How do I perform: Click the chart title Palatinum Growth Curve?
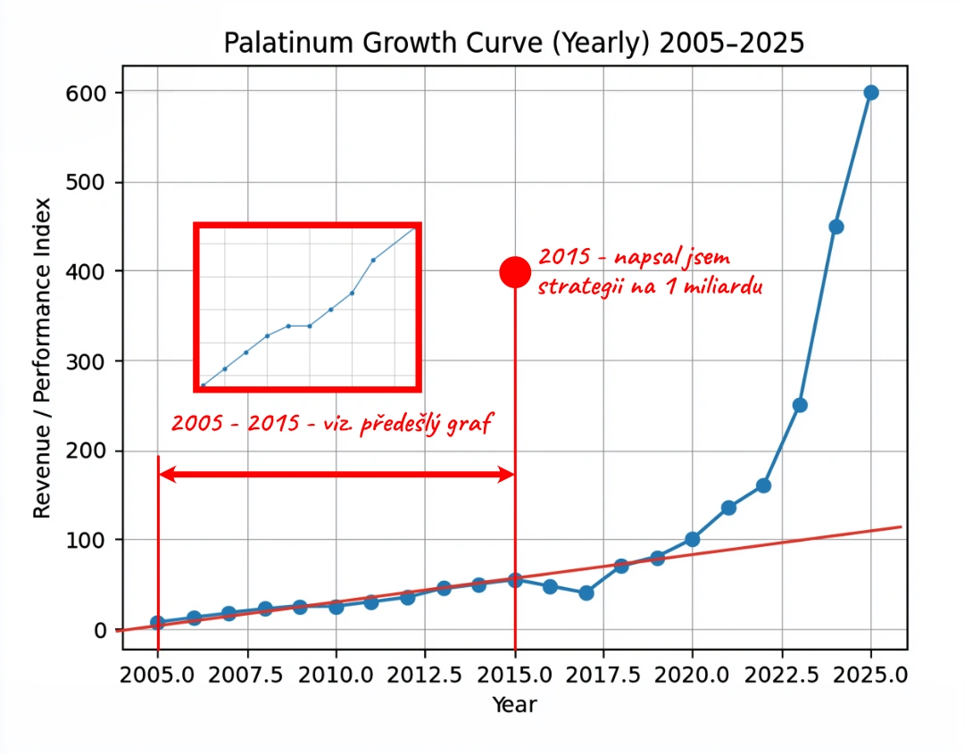click(513, 43)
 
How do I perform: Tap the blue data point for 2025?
click(871, 93)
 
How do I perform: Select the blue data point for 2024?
click(836, 227)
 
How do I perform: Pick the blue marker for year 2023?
click(800, 405)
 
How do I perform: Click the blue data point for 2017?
click(586, 592)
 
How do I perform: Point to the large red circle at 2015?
click(515, 271)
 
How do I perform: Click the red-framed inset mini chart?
click(308, 308)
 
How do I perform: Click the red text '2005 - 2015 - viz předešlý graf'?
click(332, 424)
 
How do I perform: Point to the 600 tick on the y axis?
click(85, 93)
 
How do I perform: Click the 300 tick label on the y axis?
click(85, 361)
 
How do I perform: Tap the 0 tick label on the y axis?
click(100, 630)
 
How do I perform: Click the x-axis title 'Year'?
click(515, 705)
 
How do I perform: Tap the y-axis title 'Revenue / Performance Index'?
click(42, 357)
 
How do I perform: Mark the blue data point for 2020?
click(693, 539)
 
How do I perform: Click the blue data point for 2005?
click(158, 623)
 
